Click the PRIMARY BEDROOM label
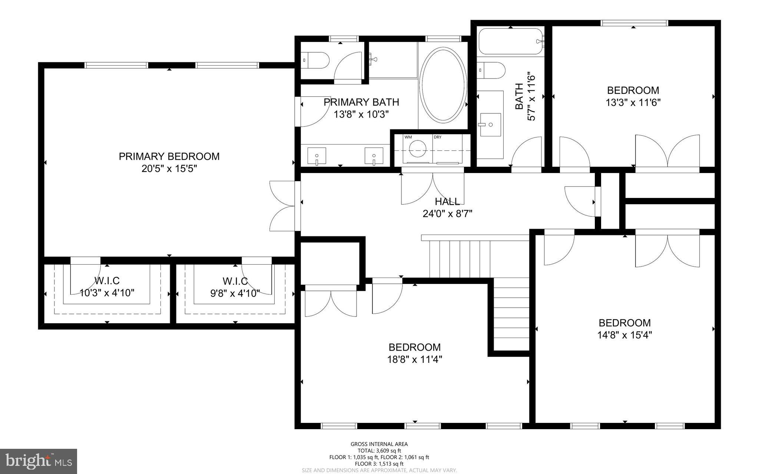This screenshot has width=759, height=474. (x=169, y=156)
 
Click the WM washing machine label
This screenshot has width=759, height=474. (x=408, y=137)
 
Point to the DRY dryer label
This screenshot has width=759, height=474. (x=438, y=137)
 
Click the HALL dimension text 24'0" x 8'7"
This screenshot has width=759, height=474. (x=447, y=214)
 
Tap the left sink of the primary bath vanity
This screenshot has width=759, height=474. (x=317, y=156)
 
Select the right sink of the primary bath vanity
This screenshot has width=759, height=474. (x=374, y=156)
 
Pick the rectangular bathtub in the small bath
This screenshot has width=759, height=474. (x=511, y=42)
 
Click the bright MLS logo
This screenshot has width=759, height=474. (x=39, y=461)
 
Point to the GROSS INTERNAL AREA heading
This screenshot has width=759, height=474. (x=379, y=444)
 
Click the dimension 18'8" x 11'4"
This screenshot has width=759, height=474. (x=415, y=359)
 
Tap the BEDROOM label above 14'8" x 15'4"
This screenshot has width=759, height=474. (x=624, y=323)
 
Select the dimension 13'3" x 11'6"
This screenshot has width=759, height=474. (x=633, y=103)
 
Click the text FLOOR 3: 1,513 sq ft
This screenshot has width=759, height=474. (x=379, y=464)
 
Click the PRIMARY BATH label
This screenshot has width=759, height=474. (x=361, y=102)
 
